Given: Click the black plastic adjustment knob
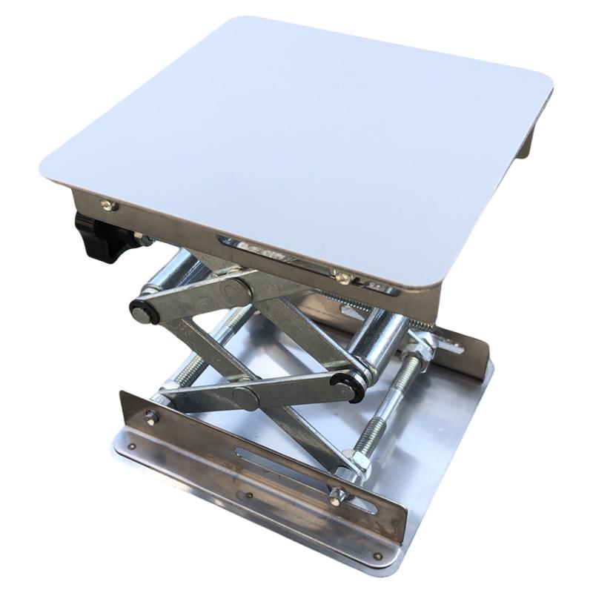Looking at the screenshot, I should click(x=99, y=236).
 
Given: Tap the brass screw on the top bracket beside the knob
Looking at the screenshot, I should click(x=107, y=205).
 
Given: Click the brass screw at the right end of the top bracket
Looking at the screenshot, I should click(x=342, y=278).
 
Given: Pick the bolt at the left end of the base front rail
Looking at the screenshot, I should click(x=150, y=417).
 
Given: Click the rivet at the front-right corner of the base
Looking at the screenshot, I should click(x=378, y=554).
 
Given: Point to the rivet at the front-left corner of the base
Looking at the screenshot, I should click(x=131, y=447).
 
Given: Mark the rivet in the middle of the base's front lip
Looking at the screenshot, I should click(x=248, y=496).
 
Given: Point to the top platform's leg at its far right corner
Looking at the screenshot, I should click(x=525, y=142).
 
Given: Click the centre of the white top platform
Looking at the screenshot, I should click(x=296, y=141).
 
